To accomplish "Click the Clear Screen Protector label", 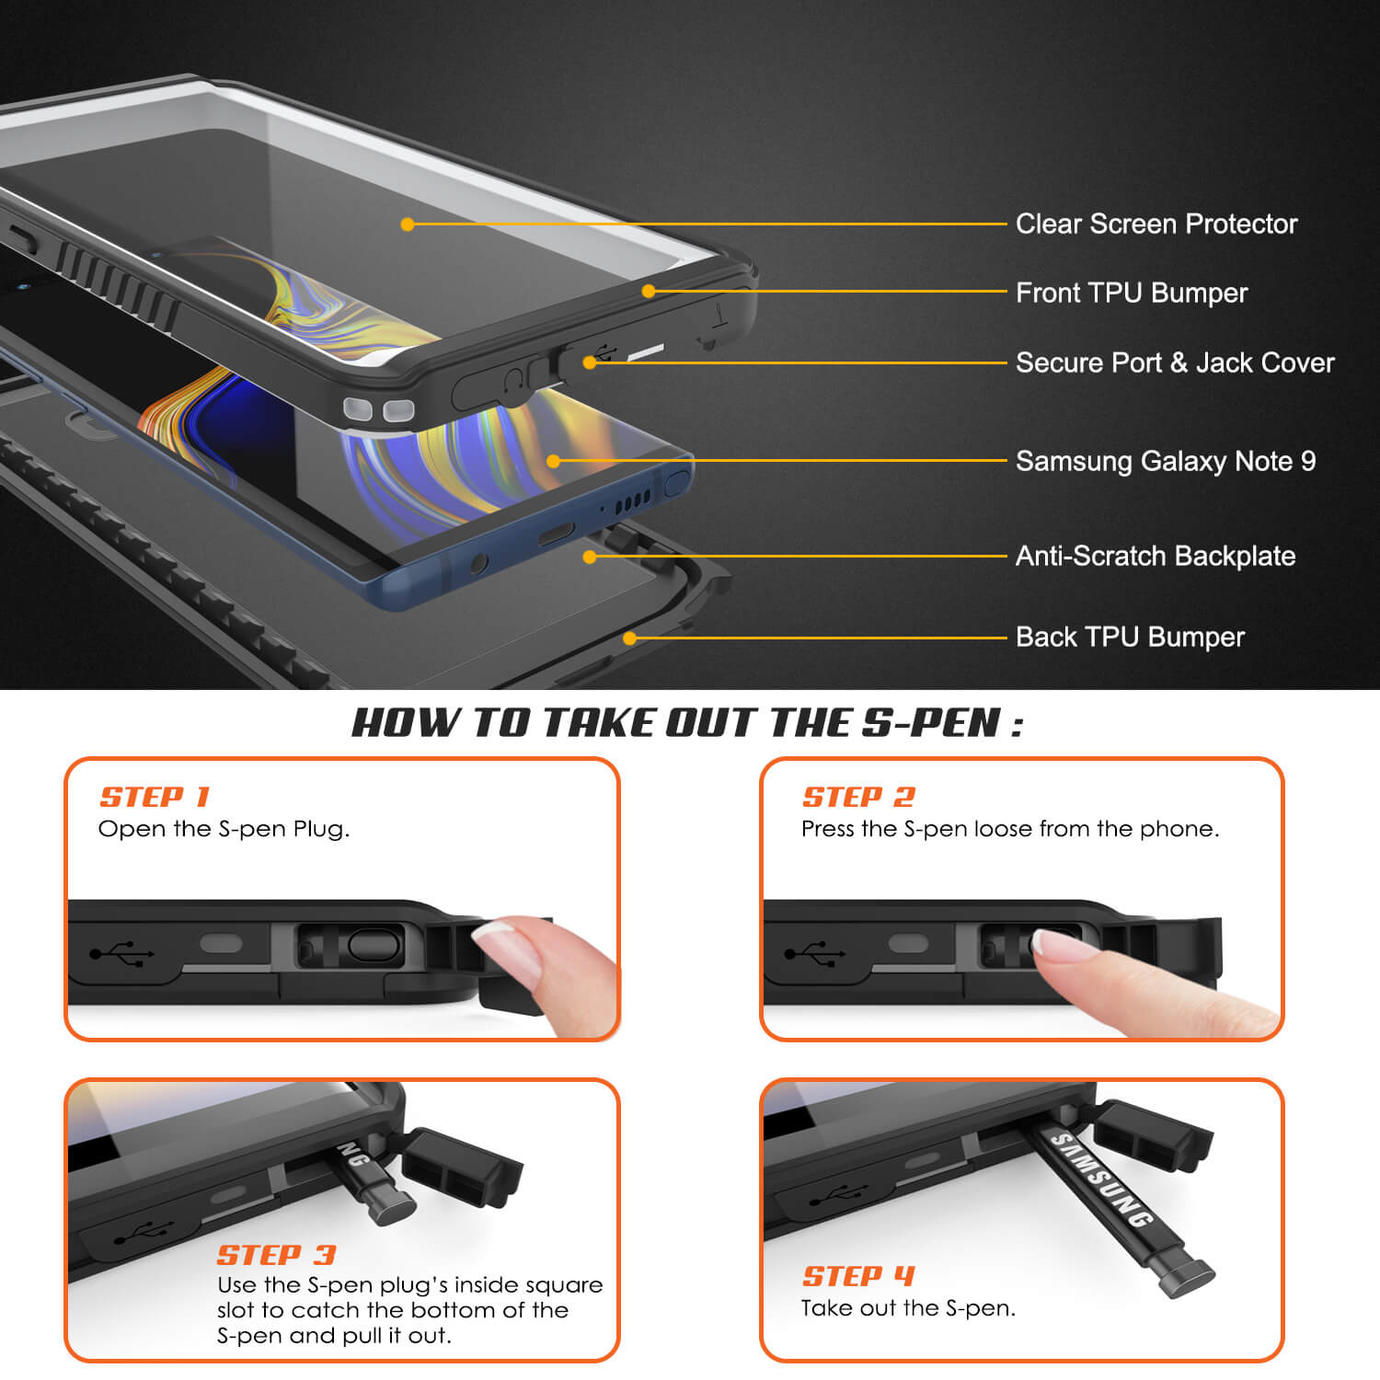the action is tap(1156, 224).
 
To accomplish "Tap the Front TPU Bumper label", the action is tap(1132, 293).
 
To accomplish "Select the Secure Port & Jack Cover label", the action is tap(1175, 362).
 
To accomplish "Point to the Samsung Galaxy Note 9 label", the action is tap(1166, 461).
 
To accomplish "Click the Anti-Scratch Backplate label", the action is tap(1156, 556).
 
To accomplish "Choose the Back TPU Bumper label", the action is tap(1130, 637).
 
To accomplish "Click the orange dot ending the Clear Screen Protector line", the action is tap(408, 224).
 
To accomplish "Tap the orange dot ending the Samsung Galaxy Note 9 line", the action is tap(553, 461).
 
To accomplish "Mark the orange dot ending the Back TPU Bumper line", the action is tap(629, 638).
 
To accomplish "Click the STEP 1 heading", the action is tap(155, 797).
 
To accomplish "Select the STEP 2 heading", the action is tap(858, 797).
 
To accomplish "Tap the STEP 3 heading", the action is tap(276, 1255).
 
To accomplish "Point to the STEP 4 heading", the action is tap(858, 1276).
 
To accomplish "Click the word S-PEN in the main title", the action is tap(931, 723).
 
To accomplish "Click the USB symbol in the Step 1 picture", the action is tap(121, 953).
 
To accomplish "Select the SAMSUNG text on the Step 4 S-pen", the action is tap(1101, 1180).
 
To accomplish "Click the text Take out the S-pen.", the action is tap(908, 1308).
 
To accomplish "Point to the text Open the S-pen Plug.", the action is tap(224, 829).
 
